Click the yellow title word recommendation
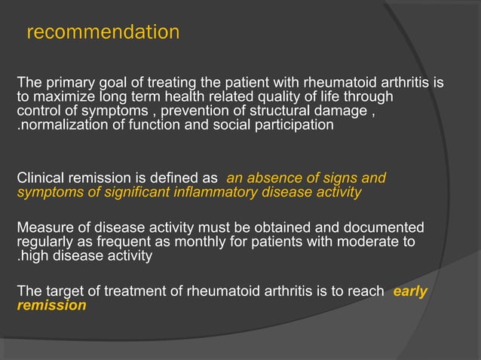coord(103,33)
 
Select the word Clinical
coord(42,178)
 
